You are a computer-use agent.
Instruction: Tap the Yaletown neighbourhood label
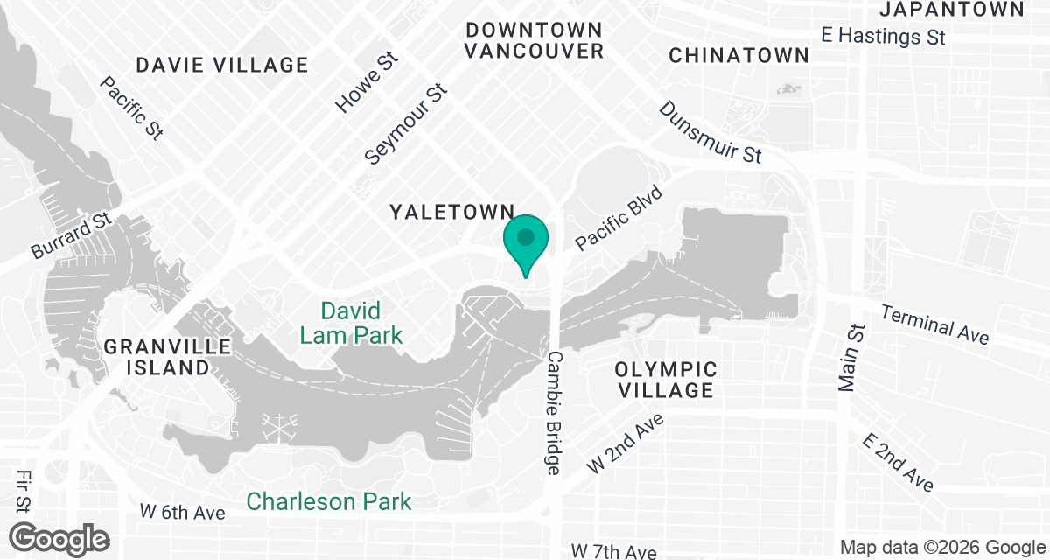(x=451, y=211)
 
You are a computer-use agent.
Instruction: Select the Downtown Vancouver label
(x=534, y=40)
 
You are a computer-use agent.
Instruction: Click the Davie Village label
(x=223, y=65)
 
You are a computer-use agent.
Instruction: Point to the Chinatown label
(x=738, y=55)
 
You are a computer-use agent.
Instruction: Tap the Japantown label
(x=951, y=10)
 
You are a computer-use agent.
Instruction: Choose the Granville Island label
(x=167, y=357)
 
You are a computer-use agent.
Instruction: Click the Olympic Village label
(x=666, y=380)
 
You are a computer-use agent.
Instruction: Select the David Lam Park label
(x=351, y=323)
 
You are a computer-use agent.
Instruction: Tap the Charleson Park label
(x=329, y=501)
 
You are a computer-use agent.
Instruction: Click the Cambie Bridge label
(x=554, y=413)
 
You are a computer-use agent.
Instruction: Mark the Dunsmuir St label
(x=710, y=132)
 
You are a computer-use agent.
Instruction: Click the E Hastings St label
(x=884, y=37)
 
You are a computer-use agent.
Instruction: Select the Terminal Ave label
(x=934, y=324)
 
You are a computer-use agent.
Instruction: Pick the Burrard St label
(x=73, y=234)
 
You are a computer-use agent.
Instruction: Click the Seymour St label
(x=406, y=124)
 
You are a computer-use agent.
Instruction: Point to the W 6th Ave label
(x=183, y=512)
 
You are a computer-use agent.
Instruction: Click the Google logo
(x=59, y=538)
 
